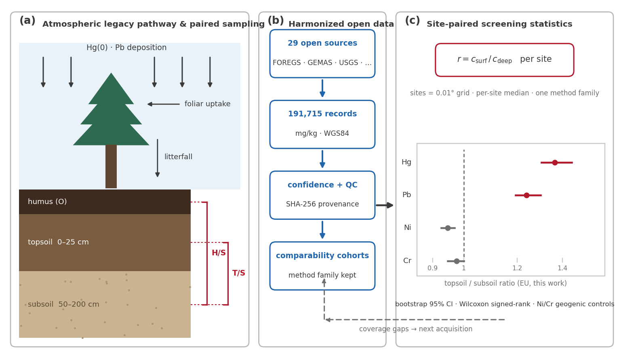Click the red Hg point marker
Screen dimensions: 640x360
(555, 162)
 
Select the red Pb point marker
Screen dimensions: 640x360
(526, 195)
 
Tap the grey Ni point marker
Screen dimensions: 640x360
(448, 228)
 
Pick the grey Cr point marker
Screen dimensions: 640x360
(457, 261)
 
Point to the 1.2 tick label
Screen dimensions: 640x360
(517, 268)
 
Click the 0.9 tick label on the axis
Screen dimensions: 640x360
(432, 268)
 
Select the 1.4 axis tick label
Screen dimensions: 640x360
(562, 268)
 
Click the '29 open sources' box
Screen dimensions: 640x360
(322, 54)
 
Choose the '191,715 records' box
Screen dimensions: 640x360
(322, 124)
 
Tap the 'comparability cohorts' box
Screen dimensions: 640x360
(322, 266)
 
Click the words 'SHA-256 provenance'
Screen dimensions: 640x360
(322, 204)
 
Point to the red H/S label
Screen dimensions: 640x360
(219, 253)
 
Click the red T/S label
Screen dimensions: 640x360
(238, 273)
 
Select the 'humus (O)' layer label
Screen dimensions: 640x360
(47, 202)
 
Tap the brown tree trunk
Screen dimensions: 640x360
(111, 166)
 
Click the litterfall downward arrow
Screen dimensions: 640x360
(158, 158)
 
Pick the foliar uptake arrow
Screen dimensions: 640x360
(163, 104)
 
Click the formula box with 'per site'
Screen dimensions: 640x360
(505, 60)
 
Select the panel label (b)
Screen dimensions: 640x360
(276, 21)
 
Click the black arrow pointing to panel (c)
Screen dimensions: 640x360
(385, 205)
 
